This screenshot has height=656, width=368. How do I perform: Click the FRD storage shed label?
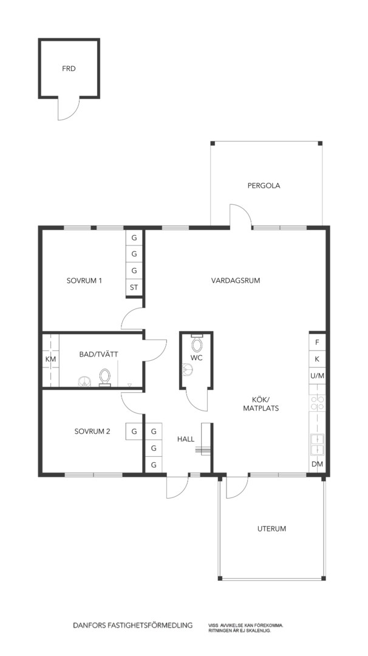pyautogui.click(x=69, y=69)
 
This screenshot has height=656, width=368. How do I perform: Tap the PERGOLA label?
pyautogui.click(x=264, y=186)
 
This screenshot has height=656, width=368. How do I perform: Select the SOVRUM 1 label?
pyautogui.click(x=84, y=281)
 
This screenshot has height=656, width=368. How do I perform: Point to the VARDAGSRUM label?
pyautogui.click(x=236, y=281)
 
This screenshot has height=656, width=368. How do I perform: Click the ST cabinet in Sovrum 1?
pyautogui.click(x=134, y=287)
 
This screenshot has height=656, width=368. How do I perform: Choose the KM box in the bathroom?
pyautogui.click(x=50, y=359)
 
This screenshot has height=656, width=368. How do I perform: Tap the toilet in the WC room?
pyautogui.click(x=197, y=345)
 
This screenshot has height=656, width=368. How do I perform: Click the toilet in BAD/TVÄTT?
pyautogui.click(x=104, y=377)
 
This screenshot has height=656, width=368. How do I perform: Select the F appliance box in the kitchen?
pyautogui.click(x=317, y=342)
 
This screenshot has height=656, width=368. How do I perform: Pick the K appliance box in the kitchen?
pyautogui.click(x=317, y=359)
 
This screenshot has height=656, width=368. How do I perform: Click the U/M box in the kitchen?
pyautogui.click(x=317, y=376)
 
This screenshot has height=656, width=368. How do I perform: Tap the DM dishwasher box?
pyautogui.click(x=317, y=464)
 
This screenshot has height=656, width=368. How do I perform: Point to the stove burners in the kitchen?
pyautogui.click(x=317, y=403)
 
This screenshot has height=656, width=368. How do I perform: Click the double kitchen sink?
pyautogui.click(x=317, y=445)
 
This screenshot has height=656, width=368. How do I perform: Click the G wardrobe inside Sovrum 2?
pyautogui.click(x=134, y=431)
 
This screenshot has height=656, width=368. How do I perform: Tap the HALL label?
pyautogui.click(x=186, y=439)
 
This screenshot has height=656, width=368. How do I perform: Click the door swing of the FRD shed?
pyautogui.click(x=69, y=109)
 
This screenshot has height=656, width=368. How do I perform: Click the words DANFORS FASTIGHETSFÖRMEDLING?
pyautogui.click(x=132, y=626)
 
